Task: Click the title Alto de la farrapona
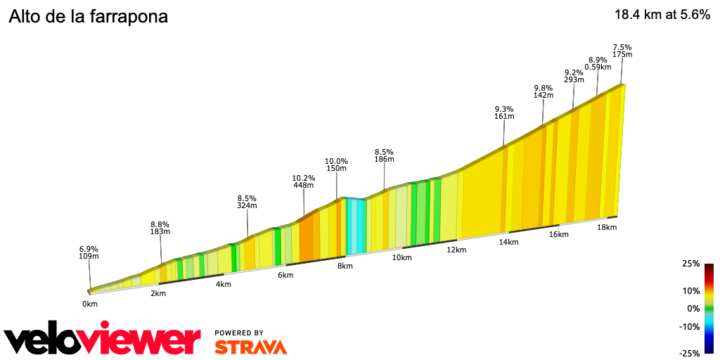88,17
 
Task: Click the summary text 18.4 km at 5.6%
662,15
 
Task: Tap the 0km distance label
89,304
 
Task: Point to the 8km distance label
345,266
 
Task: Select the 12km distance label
456,250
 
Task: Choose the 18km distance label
607,227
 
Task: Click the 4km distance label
223,284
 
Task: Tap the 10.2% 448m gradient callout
304,182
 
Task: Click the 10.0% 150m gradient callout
336,165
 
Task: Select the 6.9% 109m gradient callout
89,252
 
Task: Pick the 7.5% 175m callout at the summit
622,51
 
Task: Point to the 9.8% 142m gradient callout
544,91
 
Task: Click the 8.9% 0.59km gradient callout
598,64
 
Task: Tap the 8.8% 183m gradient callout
160,228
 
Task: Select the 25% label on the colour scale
690,264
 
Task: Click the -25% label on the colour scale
689,353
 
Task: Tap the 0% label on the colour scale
693,308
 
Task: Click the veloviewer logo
102,341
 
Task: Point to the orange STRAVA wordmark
250,347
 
